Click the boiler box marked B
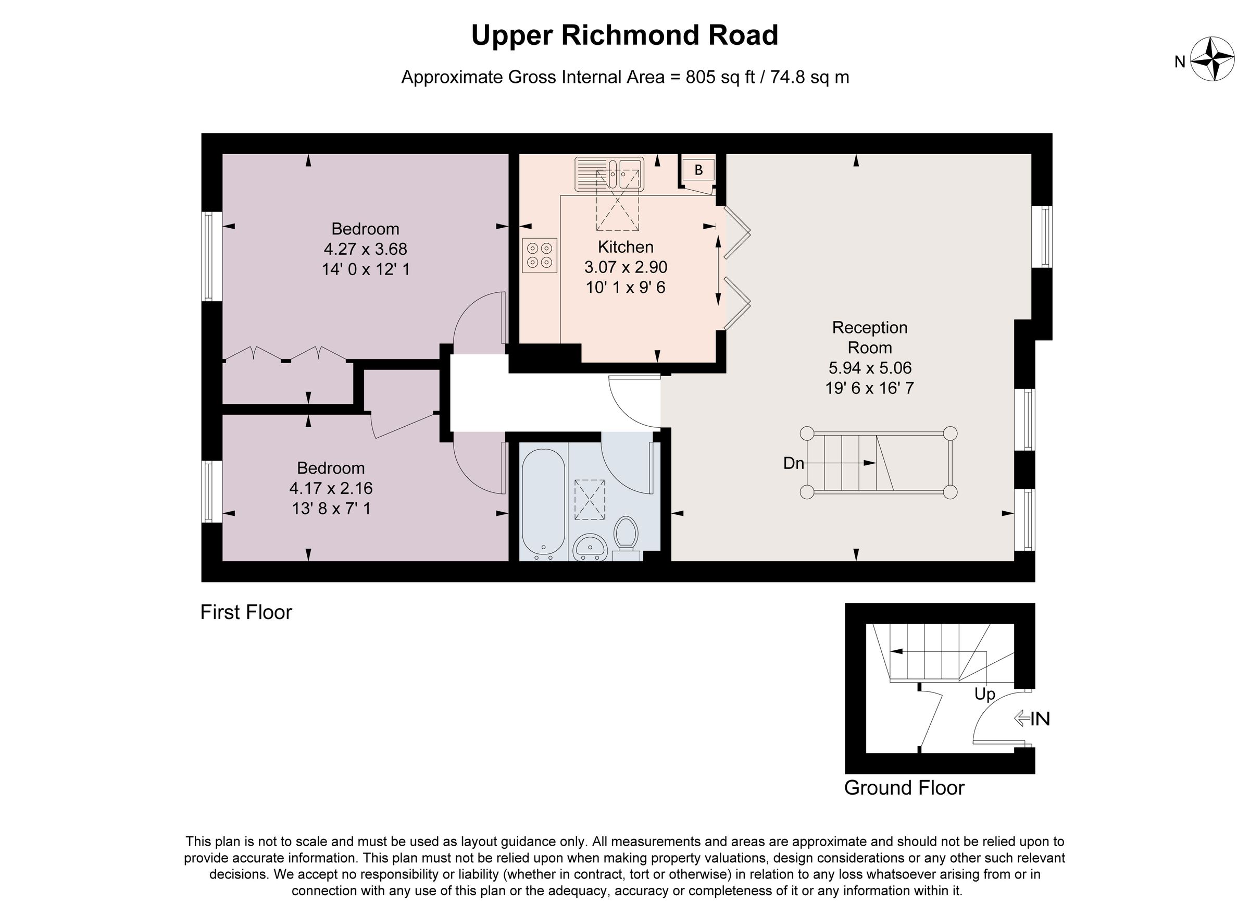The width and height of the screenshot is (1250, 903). pyautogui.click(x=698, y=170)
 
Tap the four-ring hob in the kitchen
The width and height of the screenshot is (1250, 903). pyautogui.click(x=540, y=255)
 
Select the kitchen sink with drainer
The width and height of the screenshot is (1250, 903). pyautogui.click(x=609, y=174)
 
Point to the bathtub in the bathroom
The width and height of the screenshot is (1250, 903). pyautogui.click(x=543, y=502)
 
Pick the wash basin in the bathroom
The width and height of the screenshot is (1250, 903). pyautogui.click(x=590, y=547)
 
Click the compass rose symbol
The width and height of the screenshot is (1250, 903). pyautogui.click(x=1212, y=59)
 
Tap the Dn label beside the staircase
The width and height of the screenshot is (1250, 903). pyautogui.click(x=793, y=464)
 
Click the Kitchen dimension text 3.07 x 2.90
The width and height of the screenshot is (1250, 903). pyautogui.click(x=626, y=267)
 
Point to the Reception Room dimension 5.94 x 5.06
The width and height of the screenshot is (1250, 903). pyautogui.click(x=870, y=368)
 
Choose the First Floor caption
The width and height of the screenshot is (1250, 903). pyautogui.click(x=246, y=612)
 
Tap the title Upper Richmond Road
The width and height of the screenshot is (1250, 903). pyautogui.click(x=624, y=35)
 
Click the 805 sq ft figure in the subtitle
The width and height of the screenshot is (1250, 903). pyautogui.click(x=720, y=77)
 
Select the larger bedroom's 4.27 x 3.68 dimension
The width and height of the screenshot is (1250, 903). pyautogui.click(x=366, y=249)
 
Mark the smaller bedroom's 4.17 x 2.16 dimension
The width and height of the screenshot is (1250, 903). pyautogui.click(x=331, y=488)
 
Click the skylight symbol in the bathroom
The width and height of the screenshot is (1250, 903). pyautogui.click(x=589, y=500)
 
